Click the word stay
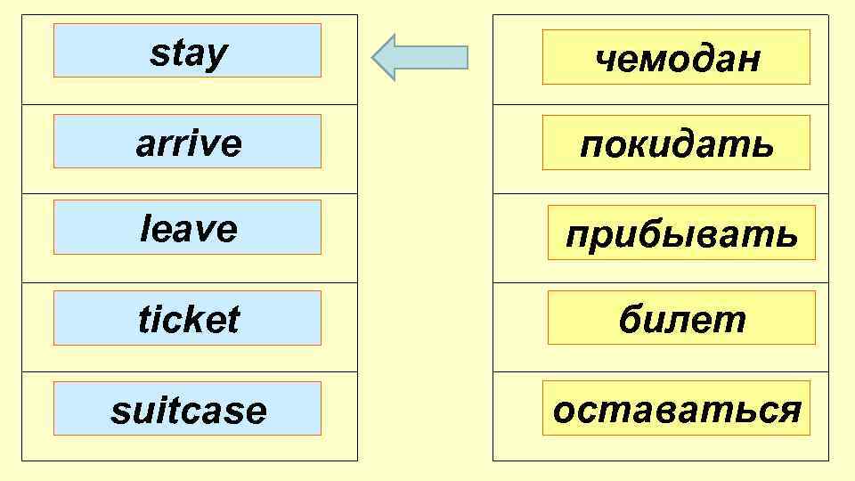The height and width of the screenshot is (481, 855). [188, 53]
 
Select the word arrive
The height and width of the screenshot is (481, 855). [188, 143]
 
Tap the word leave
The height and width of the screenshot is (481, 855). [189, 230]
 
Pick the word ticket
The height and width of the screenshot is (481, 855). [189, 319]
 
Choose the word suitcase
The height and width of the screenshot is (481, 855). [188, 411]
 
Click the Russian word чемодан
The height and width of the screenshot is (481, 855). [677, 59]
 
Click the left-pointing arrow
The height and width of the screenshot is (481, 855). [419, 57]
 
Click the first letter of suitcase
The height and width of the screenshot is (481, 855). [118, 412]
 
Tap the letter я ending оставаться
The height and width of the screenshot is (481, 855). [789, 411]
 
